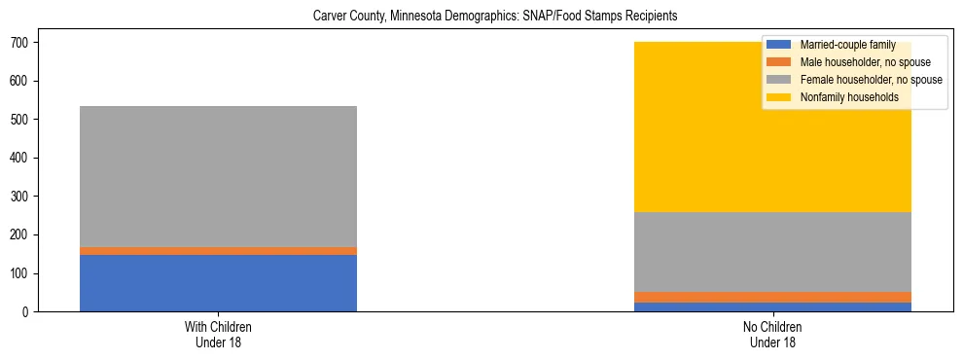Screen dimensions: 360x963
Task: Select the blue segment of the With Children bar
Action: (x=218, y=283)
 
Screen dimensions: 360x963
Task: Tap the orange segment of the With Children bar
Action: (x=218, y=251)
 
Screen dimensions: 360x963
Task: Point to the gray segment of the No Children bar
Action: (x=772, y=252)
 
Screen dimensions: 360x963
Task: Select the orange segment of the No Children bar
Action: (x=772, y=297)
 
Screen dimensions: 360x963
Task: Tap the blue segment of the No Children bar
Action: (x=772, y=307)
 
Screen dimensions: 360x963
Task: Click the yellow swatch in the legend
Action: (x=778, y=97)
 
